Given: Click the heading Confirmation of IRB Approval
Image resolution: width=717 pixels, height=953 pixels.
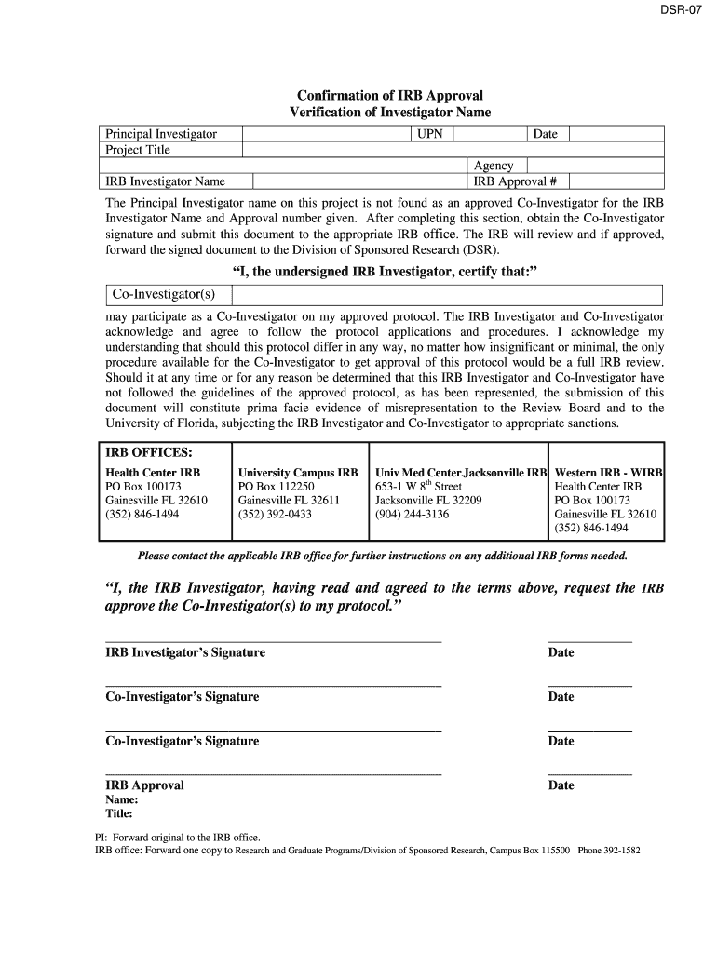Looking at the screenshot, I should [x=389, y=95].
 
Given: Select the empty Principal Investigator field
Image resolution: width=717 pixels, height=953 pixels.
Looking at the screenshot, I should [x=327, y=134].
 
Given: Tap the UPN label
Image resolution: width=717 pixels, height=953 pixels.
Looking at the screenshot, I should [x=430, y=134].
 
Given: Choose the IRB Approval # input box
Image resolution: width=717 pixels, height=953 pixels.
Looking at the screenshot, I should [x=616, y=181].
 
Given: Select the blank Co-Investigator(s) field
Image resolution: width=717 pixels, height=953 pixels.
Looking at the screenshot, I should [x=447, y=295].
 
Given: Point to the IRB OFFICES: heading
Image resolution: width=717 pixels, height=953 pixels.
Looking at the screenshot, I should [x=149, y=452].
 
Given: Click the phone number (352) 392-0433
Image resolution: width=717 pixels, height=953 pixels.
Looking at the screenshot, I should [x=275, y=514].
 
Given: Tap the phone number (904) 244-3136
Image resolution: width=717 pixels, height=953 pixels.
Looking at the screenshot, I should [x=412, y=514].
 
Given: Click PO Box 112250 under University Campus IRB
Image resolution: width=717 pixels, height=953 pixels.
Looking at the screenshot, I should [x=277, y=487].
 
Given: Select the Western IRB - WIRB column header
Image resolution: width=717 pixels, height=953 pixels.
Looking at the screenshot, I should [x=608, y=473].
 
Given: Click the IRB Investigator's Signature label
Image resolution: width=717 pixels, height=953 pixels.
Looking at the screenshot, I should [x=185, y=653].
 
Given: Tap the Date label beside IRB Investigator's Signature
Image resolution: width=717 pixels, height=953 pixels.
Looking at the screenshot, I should [x=561, y=653].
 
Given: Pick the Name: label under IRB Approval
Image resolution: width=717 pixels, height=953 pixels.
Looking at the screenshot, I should [x=122, y=799].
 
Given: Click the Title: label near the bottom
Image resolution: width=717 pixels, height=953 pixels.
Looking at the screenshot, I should [x=119, y=813].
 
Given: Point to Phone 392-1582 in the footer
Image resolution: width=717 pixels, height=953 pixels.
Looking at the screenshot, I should [x=609, y=851].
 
